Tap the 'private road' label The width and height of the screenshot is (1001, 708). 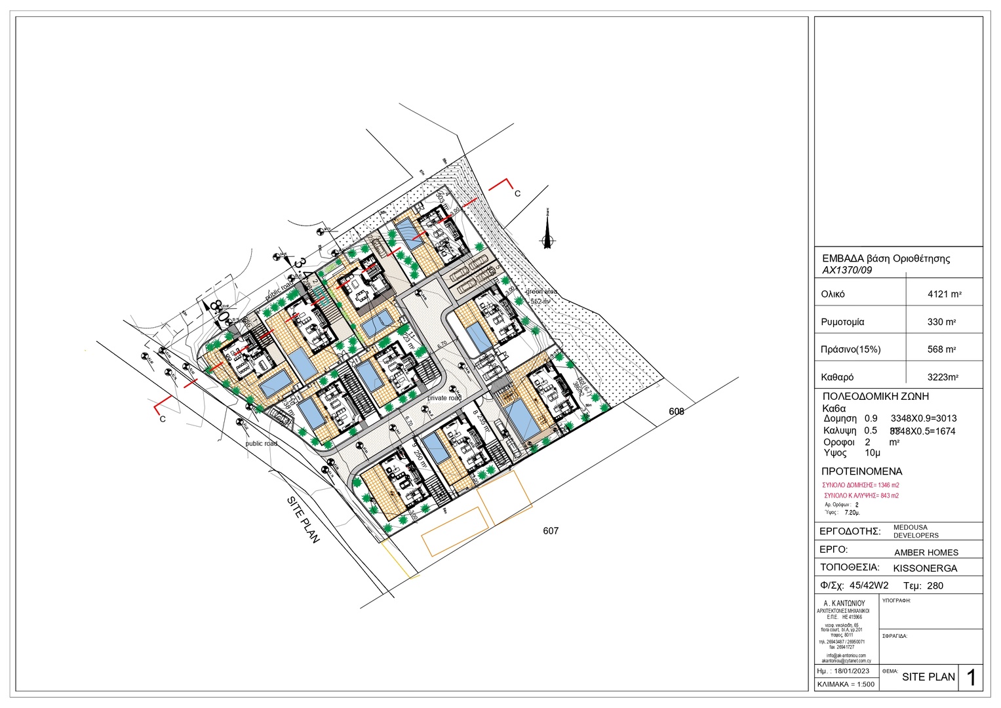coord(444,398)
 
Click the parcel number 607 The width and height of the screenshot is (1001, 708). coord(551,531)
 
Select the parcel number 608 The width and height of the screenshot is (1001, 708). coord(677,412)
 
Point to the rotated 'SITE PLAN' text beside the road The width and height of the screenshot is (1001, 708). coord(303,519)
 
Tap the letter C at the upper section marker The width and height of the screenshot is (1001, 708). coord(517,194)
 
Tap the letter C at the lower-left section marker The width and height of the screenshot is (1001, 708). coord(163,420)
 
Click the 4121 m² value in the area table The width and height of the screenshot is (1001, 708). coord(944,294)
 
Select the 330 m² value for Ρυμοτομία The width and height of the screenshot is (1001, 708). coord(941,322)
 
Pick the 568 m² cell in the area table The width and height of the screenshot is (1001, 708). coord(941,349)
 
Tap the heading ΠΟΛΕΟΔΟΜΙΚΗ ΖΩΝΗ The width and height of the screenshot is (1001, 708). coord(875,397)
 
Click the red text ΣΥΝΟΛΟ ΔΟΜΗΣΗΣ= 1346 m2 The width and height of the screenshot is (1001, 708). coord(861,485)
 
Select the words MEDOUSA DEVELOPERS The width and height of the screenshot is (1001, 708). coord(915,532)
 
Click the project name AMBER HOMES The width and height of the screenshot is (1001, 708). coord(926,553)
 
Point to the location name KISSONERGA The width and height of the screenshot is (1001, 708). coord(925,568)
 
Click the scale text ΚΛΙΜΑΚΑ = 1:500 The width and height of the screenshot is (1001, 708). coord(846,684)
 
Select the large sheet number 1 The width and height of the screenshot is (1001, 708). coord(971,678)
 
